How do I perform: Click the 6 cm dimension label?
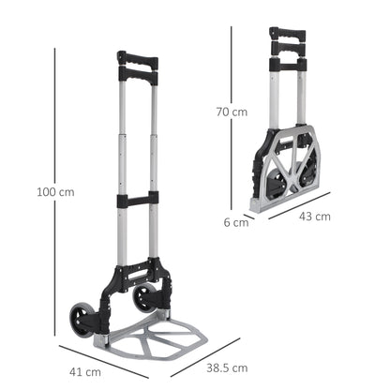pos(235,222)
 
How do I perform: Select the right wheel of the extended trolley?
pos(145,298)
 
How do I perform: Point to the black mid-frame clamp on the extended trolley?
pos(137,200)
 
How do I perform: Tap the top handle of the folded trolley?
pos(287,35)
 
